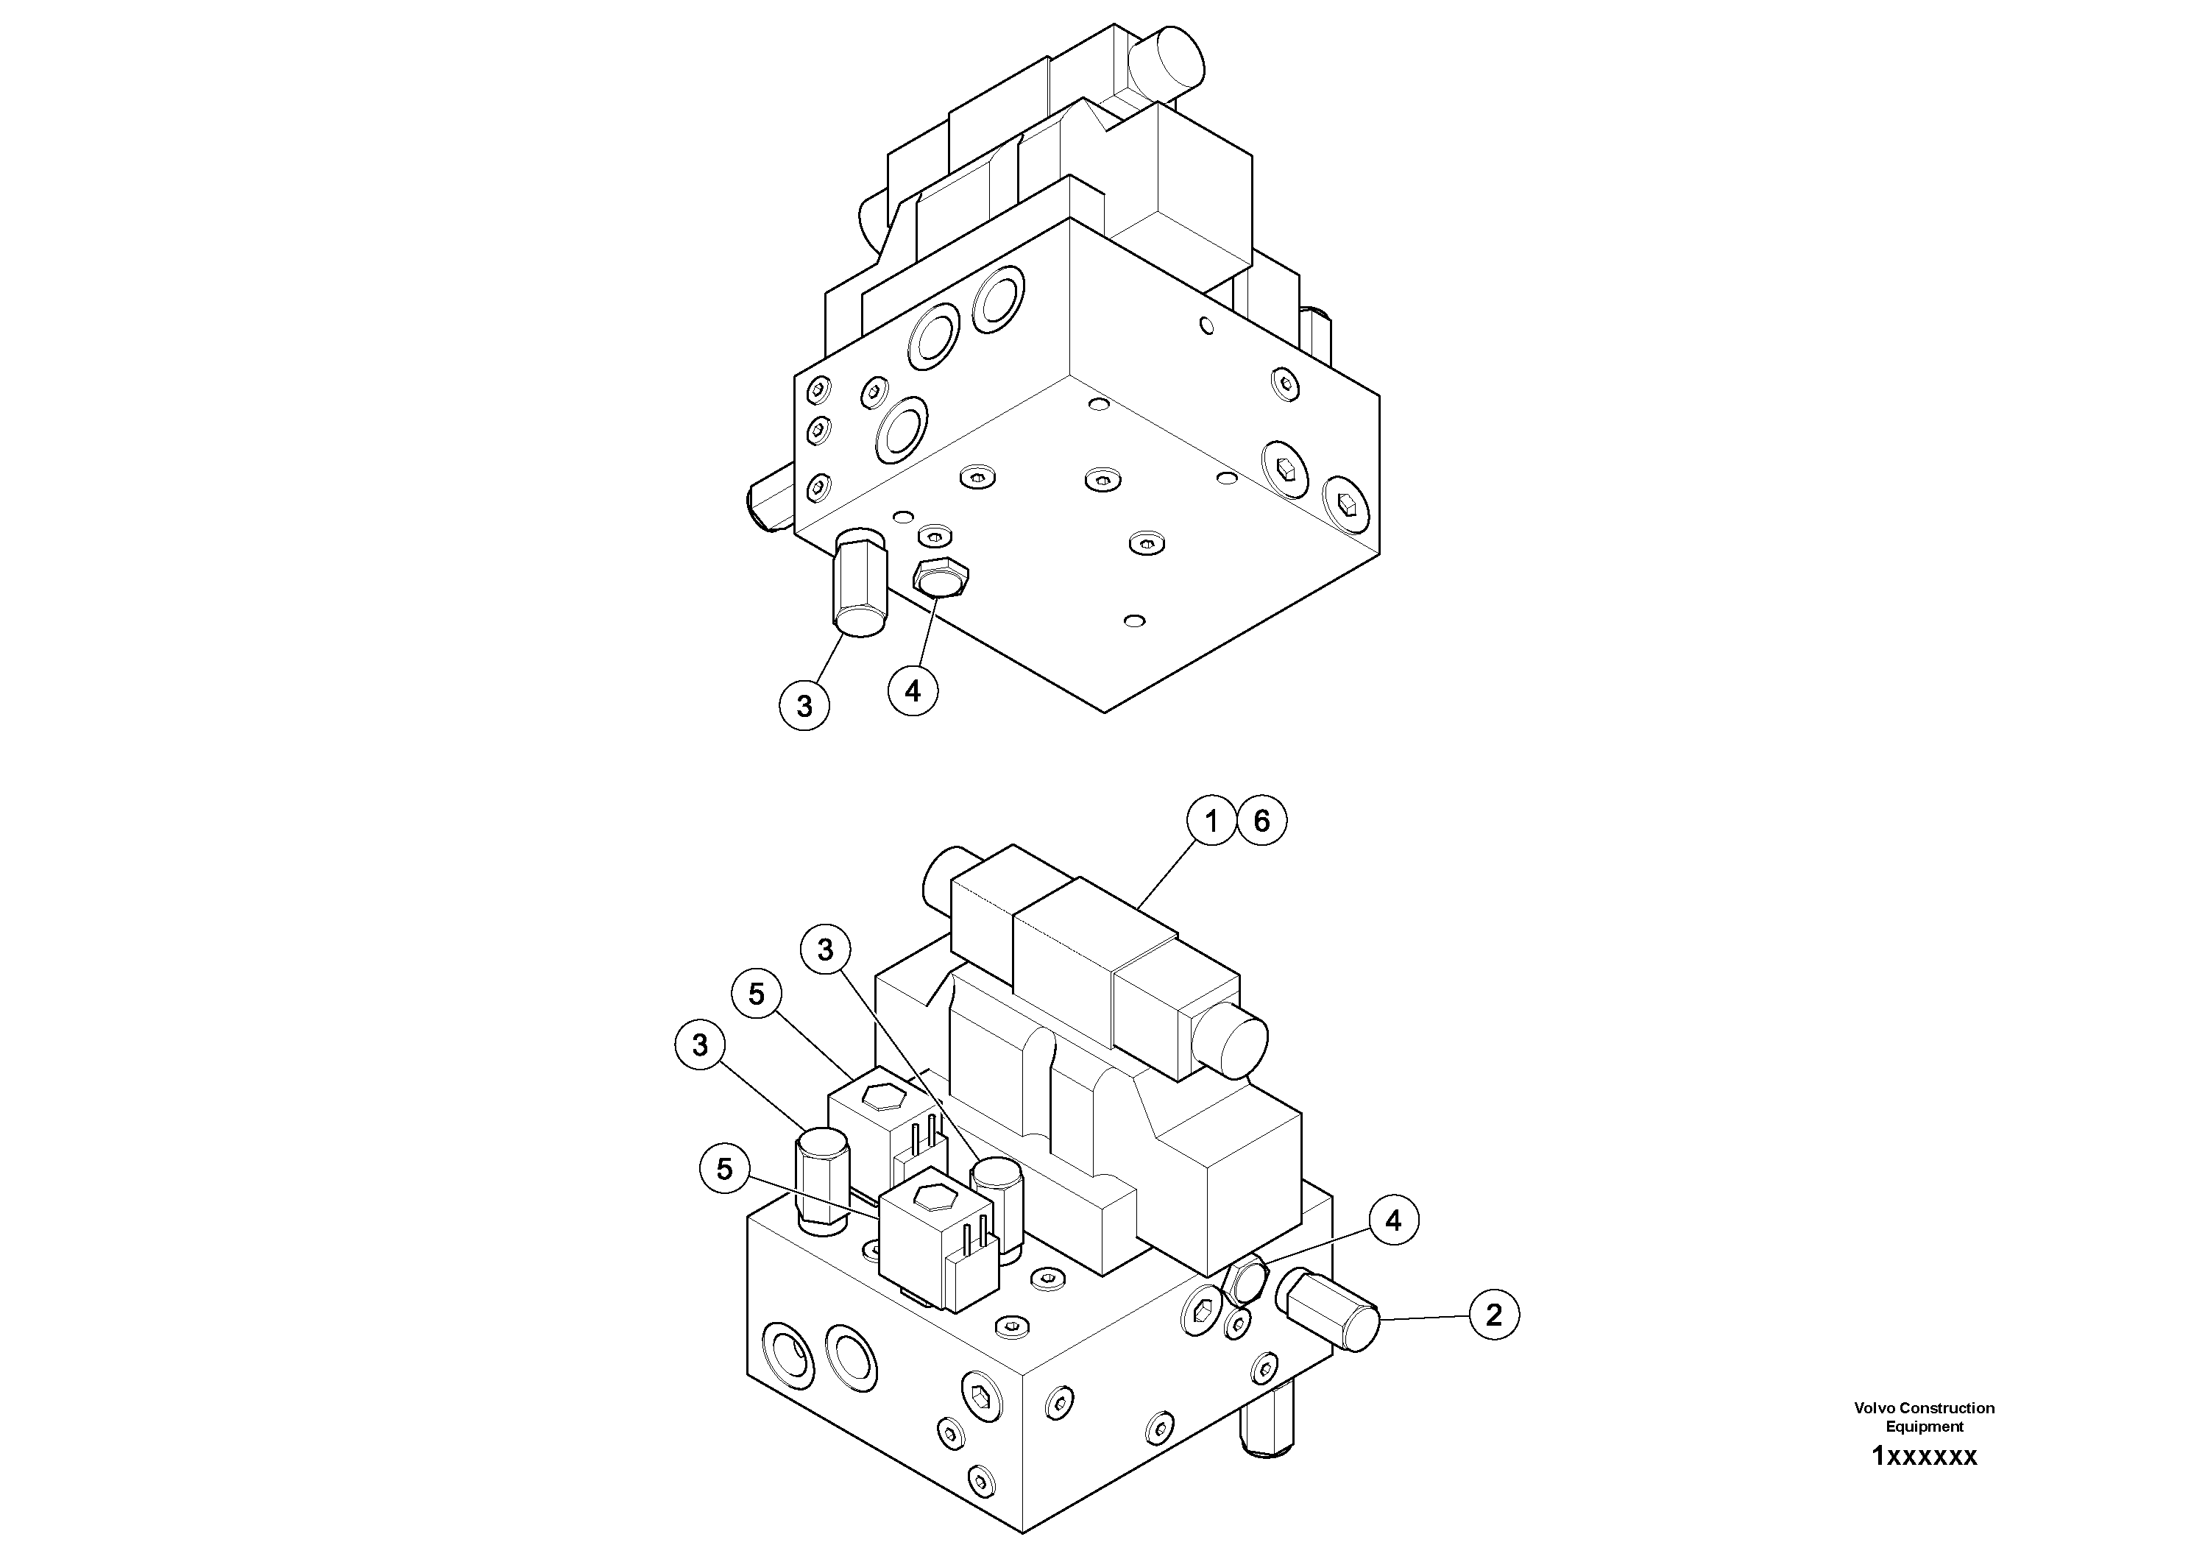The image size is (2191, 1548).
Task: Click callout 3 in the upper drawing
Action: click(x=804, y=705)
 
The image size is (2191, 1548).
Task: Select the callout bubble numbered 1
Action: click(x=1212, y=821)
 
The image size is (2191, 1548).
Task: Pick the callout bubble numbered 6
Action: click(x=1261, y=821)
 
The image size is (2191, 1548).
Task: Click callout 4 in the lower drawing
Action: click(x=1393, y=1220)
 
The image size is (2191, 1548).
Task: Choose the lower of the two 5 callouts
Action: click(x=724, y=1169)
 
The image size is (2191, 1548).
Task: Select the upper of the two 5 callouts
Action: click(x=757, y=994)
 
